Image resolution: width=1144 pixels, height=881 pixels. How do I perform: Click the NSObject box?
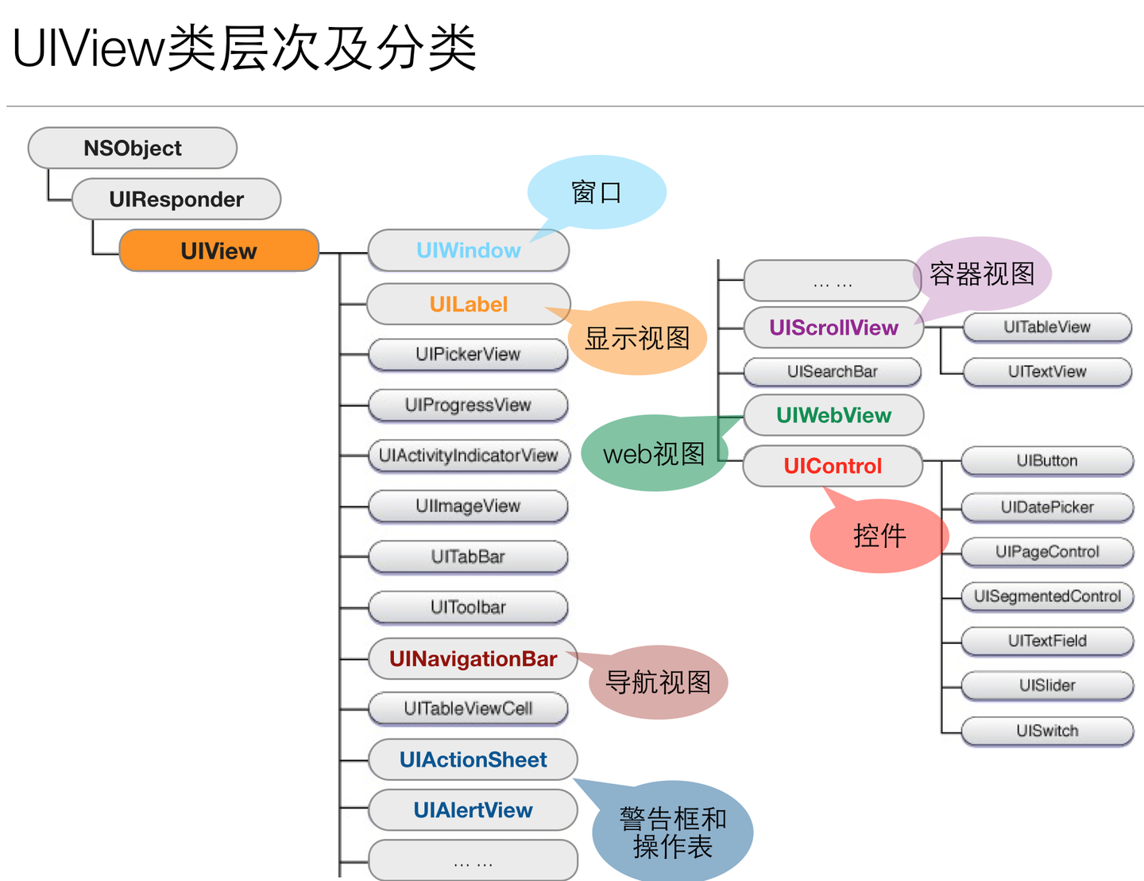(133, 148)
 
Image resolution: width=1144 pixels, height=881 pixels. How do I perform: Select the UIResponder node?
(176, 199)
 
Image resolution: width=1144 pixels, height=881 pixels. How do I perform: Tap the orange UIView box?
(218, 250)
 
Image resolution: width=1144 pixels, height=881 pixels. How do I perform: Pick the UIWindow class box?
(468, 250)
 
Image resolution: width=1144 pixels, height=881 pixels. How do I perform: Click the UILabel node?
(468, 304)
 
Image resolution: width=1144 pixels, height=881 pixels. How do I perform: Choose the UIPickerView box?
(468, 355)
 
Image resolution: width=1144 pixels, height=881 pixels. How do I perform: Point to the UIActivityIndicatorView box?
(468, 456)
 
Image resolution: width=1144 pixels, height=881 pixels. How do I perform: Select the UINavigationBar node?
(473, 658)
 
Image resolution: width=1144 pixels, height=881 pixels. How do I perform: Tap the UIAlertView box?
(473, 810)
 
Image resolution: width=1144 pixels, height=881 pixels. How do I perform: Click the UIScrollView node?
(833, 328)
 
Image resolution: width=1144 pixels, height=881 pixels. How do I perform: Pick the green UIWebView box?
(833, 415)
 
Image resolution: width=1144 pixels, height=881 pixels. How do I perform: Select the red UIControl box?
(833, 466)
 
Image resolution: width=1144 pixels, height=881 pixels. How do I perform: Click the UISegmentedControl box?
(1047, 596)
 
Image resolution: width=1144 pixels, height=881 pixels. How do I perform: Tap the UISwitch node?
(1047, 731)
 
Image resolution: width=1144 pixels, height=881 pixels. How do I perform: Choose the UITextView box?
(1047, 371)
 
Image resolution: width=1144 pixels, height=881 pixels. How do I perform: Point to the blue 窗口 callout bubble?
(597, 192)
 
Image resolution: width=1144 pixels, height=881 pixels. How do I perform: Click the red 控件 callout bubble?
(879, 536)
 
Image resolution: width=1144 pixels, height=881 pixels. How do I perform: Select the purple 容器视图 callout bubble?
(983, 274)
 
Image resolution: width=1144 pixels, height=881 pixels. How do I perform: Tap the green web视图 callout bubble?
(654, 453)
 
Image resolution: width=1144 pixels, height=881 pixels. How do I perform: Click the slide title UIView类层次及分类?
(245, 48)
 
